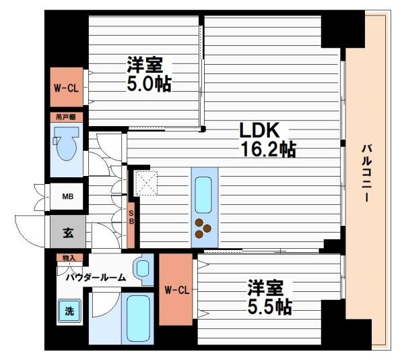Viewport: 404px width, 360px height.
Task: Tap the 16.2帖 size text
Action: pyautogui.click(x=268, y=149)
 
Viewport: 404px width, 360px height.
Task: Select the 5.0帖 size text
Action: pyautogui.click(x=148, y=84)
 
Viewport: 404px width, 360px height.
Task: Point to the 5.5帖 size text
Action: pyautogui.click(x=269, y=307)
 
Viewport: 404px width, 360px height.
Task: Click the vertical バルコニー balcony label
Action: pyautogui.click(x=366, y=173)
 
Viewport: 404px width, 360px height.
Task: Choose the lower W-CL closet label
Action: pyautogui.click(x=176, y=290)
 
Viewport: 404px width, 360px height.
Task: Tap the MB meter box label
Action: pyautogui.click(x=67, y=197)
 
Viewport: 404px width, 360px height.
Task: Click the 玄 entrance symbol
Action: pyautogui.click(x=68, y=234)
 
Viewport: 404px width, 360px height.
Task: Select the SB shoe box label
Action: pyautogui.click(x=132, y=217)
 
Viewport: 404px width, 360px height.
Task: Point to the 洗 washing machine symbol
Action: pyautogui.click(x=69, y=311)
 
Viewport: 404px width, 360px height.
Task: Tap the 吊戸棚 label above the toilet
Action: pyautogui.click(x=66, y=117)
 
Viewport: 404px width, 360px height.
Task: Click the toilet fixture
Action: pyautogui.click(x=67, y=148)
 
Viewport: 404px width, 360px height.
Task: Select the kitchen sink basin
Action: pyautogui.click(x=204, y=190)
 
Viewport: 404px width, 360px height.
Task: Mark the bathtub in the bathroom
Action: pyautogui.click(x=140, y=316)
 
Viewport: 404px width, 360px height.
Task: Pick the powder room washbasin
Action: pyautogui.click(x=143, y=268)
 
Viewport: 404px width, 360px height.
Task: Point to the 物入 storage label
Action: pyautogui.click(x=67, y=258)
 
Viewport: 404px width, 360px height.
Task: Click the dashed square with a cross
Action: pyautogui.click(x=145, y=182)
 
